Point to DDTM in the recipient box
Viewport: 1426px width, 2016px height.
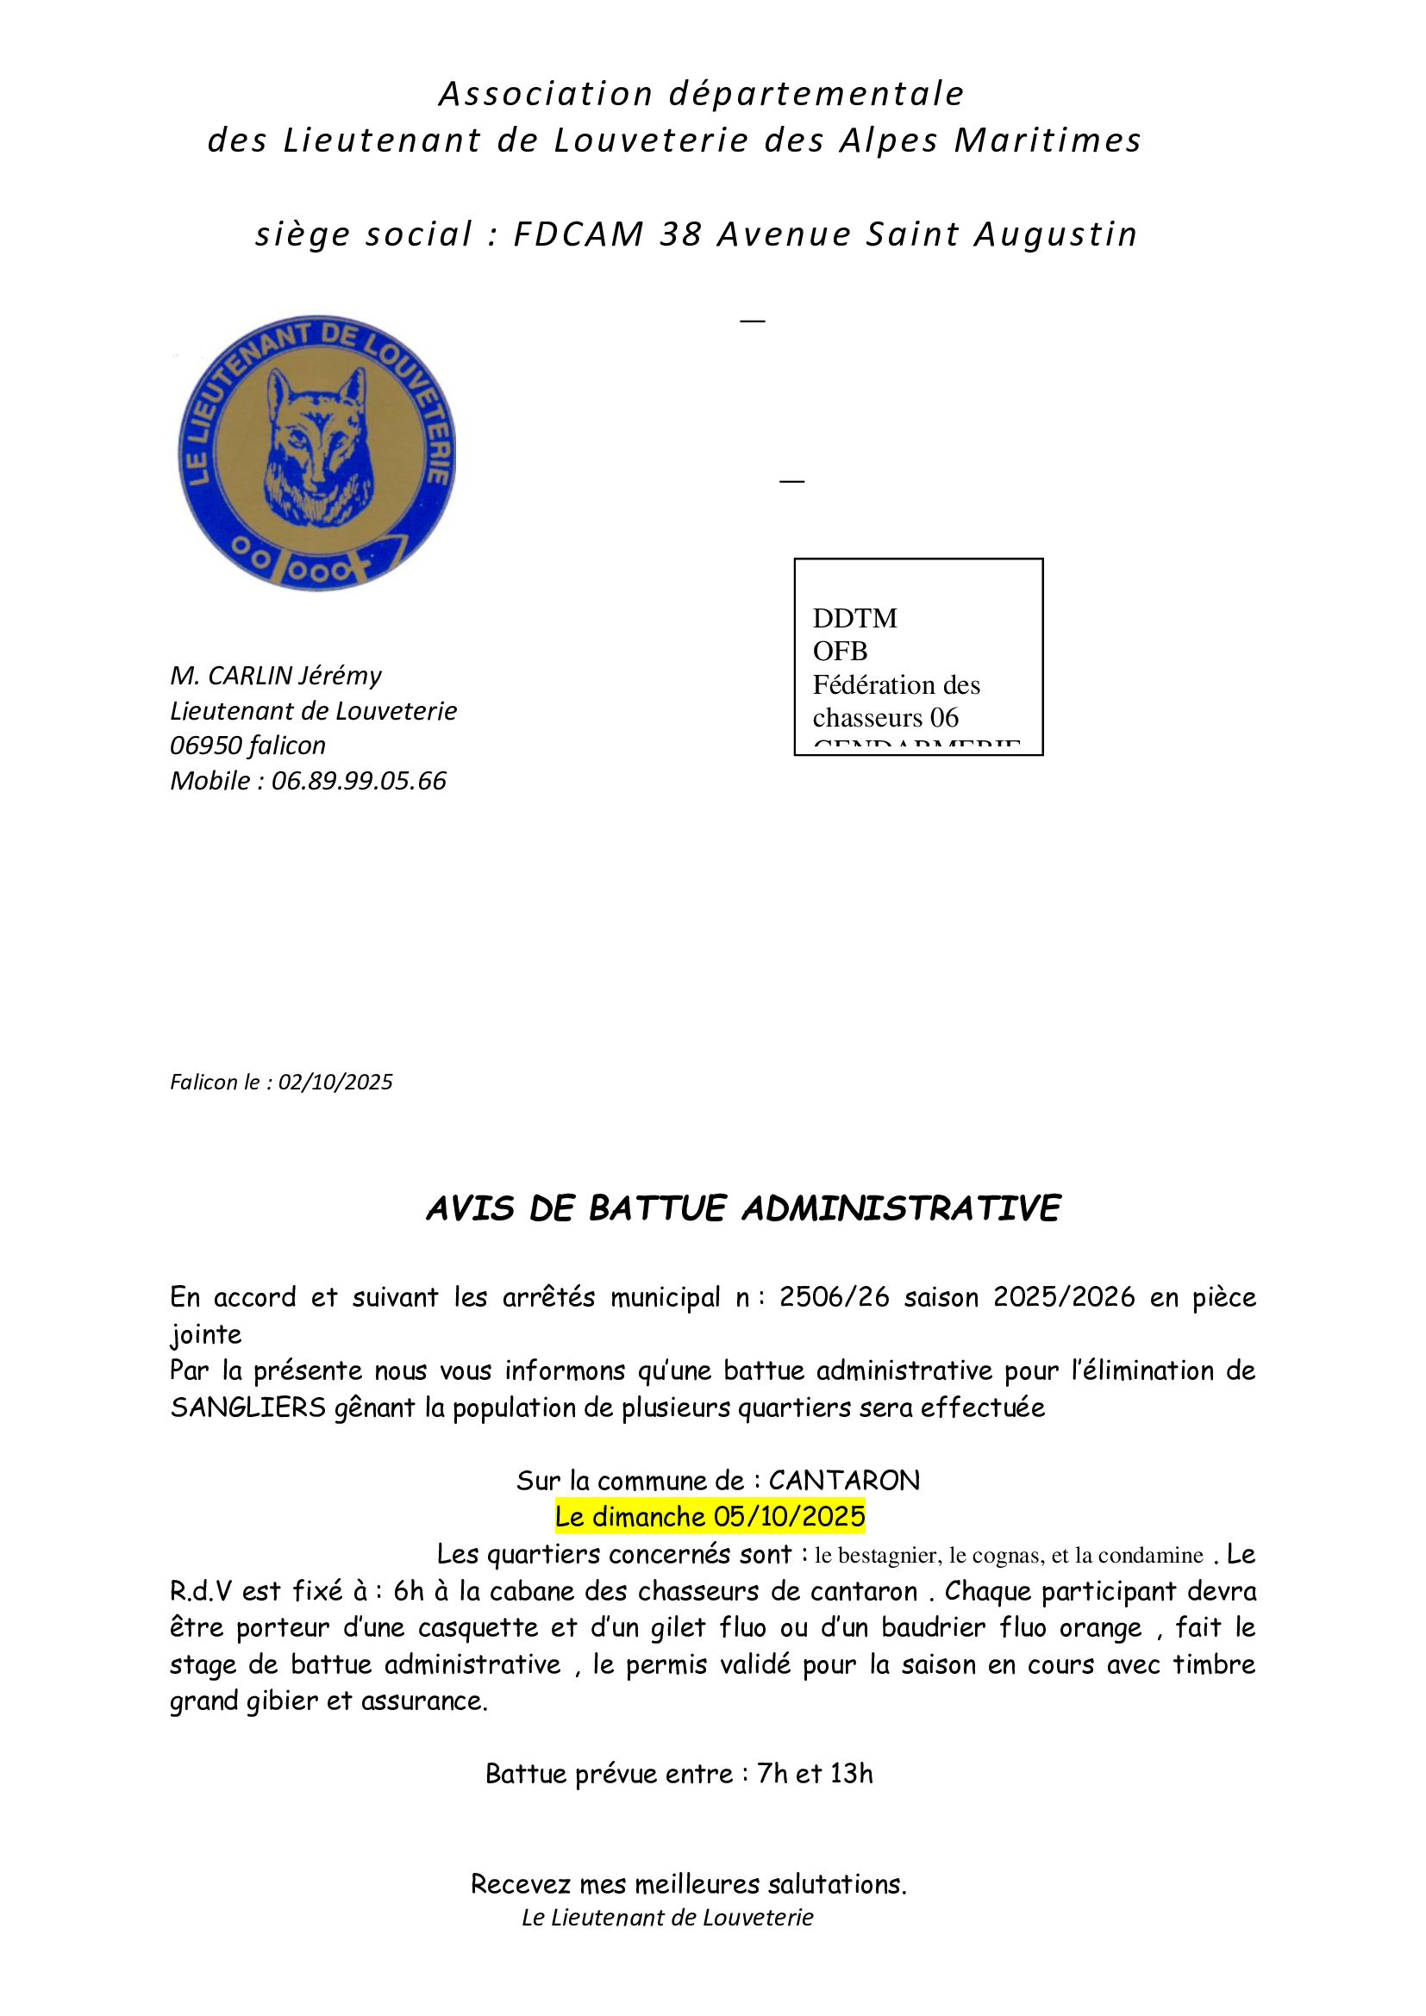(x=854, y=618)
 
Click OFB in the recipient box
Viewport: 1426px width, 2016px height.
(x=840, y=652)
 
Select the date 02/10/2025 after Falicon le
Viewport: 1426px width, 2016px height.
(x=335, y=1082)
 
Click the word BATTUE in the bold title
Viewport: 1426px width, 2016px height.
(x=658, y=1209)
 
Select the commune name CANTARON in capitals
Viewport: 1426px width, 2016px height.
(x=844, y=1481)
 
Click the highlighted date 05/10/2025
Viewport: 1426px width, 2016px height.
(x=789, y=1516)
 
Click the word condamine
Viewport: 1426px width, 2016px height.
(x=1150, y=1556)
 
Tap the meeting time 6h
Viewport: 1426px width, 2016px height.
(x=409, y=1591)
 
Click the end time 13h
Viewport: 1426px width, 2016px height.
(x=851, y=1774)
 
